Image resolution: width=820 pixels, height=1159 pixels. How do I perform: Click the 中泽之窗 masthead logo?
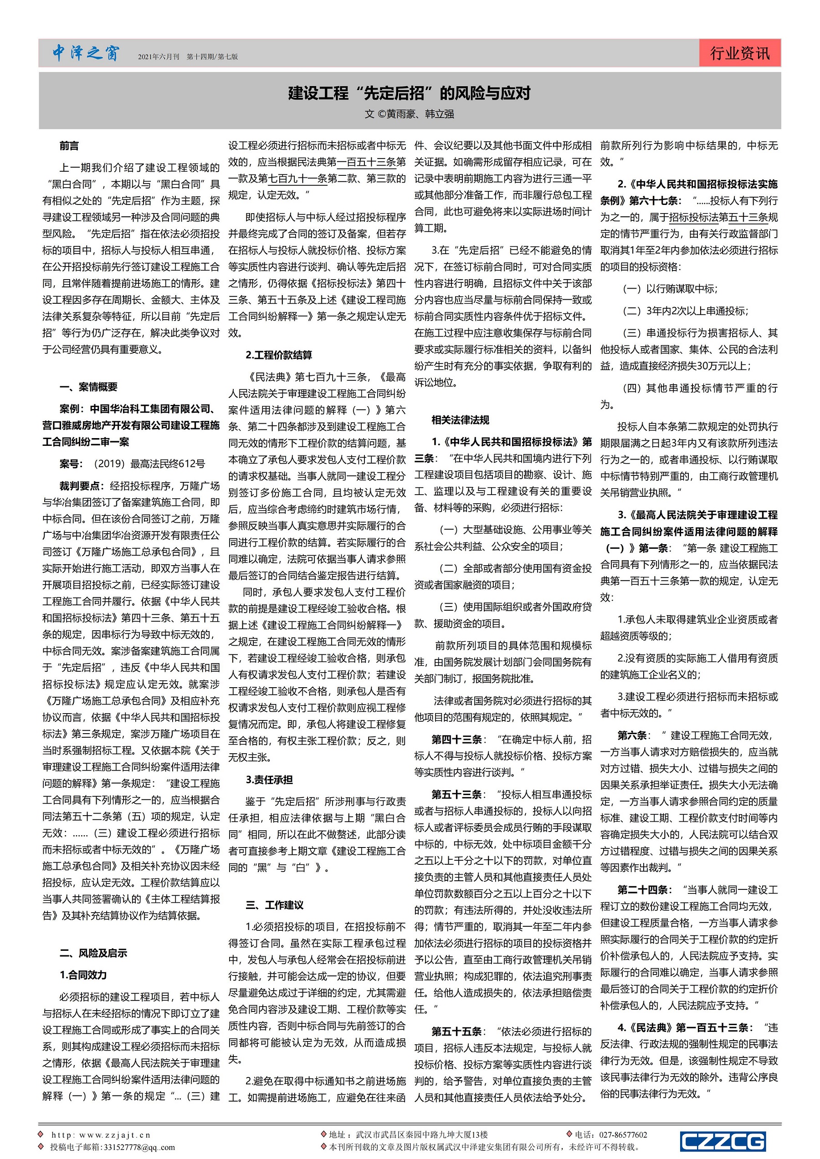click(86, 53)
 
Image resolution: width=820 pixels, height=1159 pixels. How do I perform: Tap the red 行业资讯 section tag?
click(740, 53)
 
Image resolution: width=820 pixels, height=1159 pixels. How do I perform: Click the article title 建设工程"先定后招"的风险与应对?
click(410, 93)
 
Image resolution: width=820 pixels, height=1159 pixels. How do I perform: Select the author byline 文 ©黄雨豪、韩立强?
click(410, 114)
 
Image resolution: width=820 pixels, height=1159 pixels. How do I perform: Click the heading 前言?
click(69, 146)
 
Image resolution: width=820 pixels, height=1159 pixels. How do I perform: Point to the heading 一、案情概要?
click(88, 387)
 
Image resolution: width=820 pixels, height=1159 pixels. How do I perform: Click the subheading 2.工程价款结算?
click(279, 355)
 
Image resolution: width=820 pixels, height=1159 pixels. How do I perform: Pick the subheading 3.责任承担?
click(269, 780)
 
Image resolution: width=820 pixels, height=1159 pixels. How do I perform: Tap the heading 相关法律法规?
click(461, 420)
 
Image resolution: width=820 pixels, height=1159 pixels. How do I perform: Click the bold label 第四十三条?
click(456, 740)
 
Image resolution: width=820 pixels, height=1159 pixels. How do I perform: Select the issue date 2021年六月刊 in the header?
click(159, 57)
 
